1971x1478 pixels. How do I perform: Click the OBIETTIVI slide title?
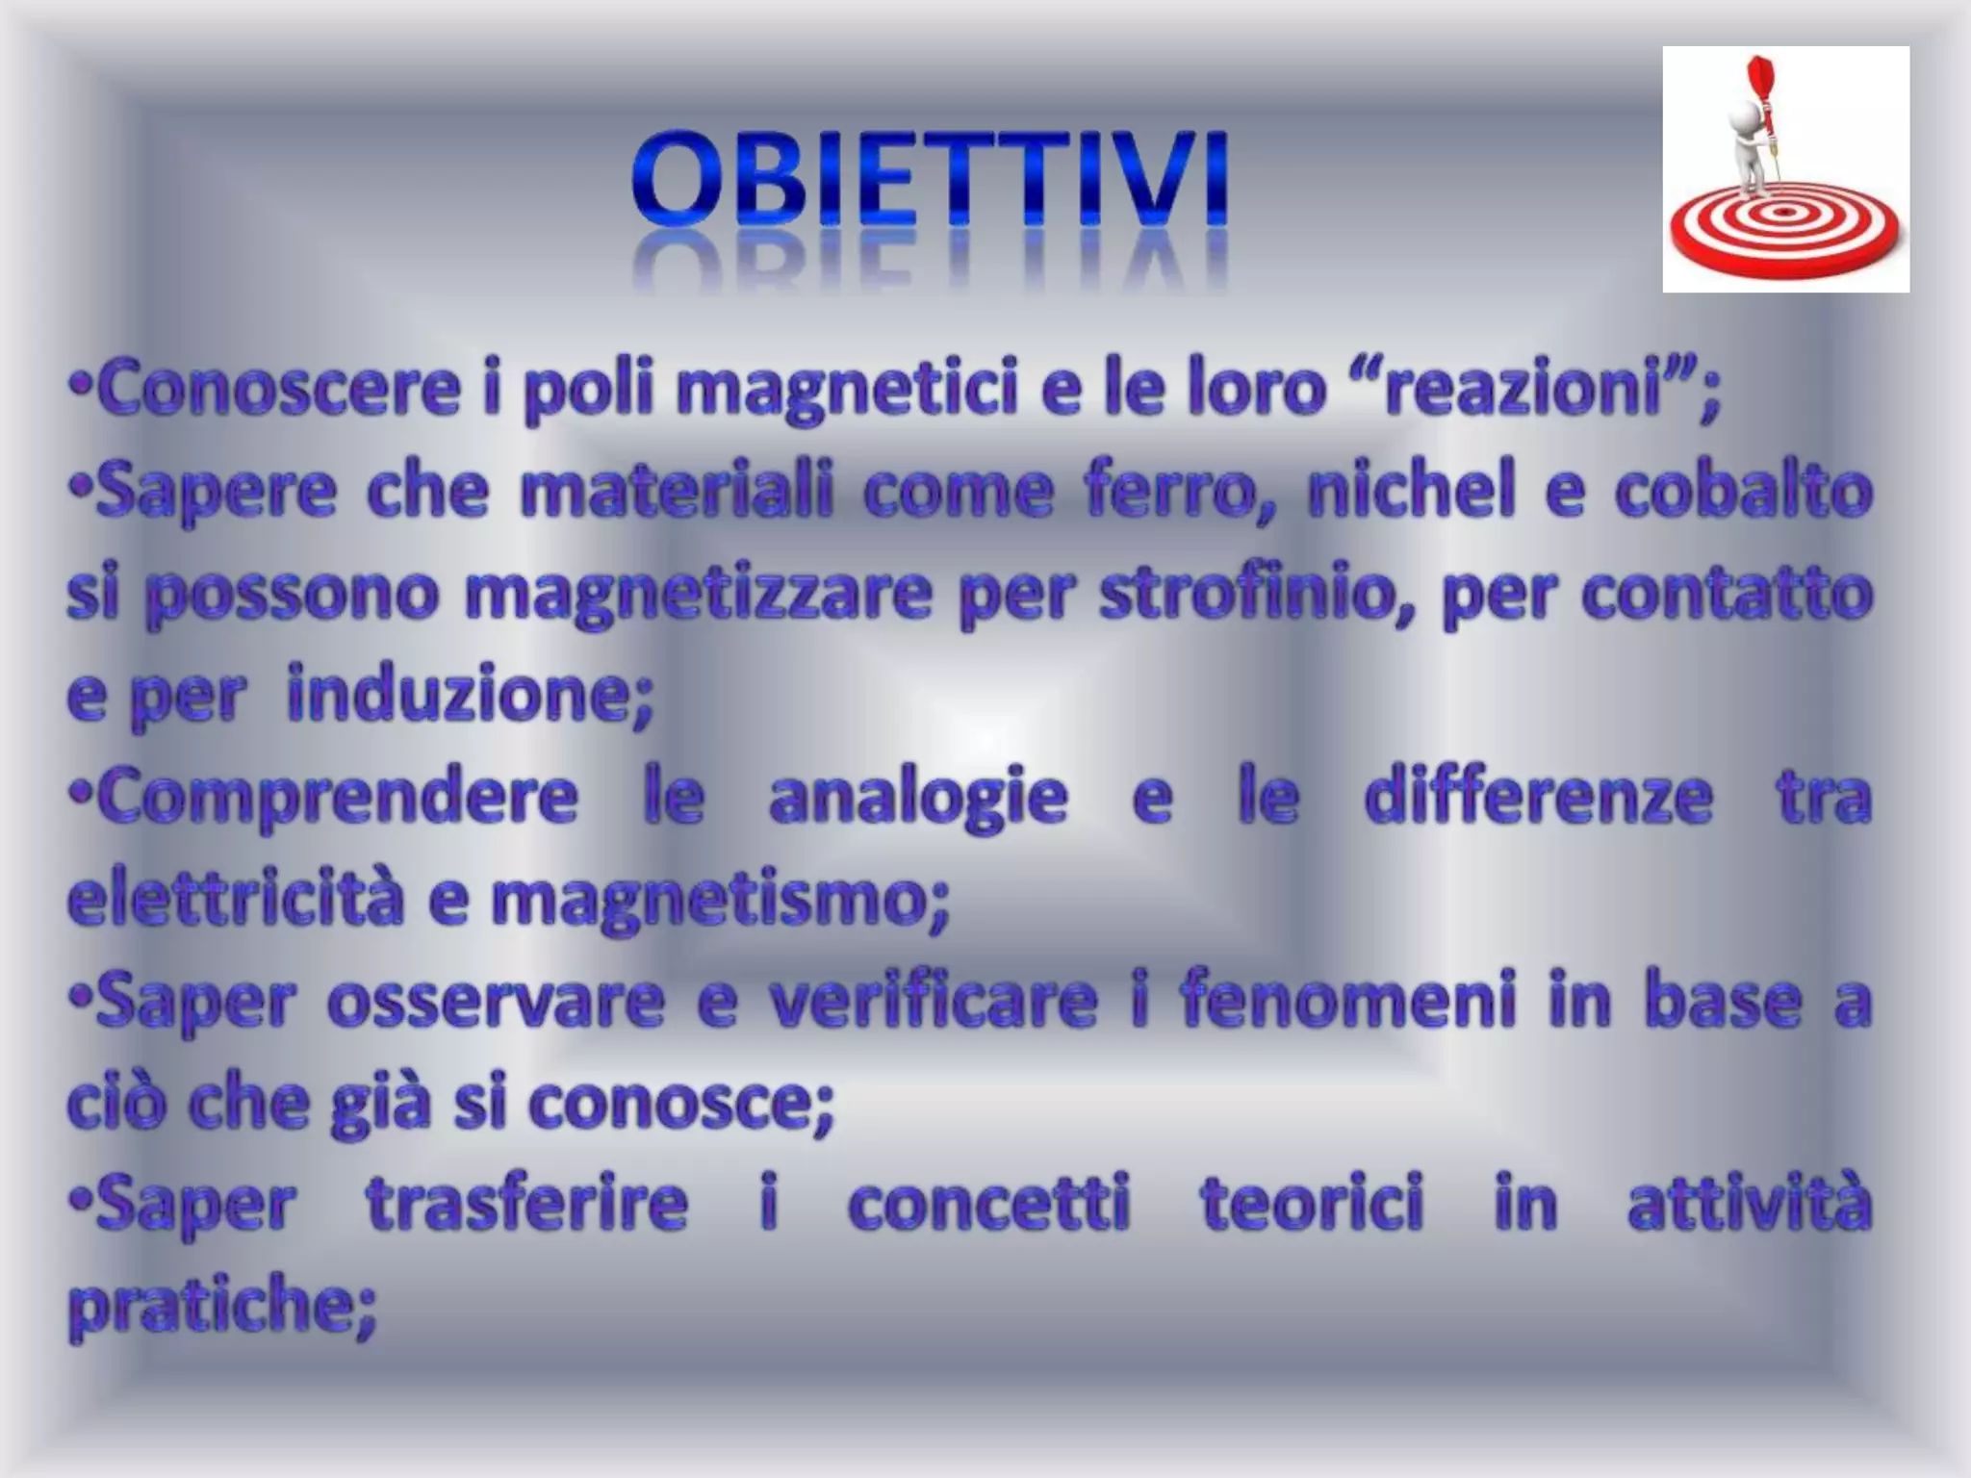[930, 180]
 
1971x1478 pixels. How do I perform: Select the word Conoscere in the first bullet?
[279, 390]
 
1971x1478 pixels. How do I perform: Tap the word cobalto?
[1743, 492]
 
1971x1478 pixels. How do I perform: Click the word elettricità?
[236, 901]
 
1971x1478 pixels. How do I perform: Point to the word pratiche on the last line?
[221, 1308]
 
